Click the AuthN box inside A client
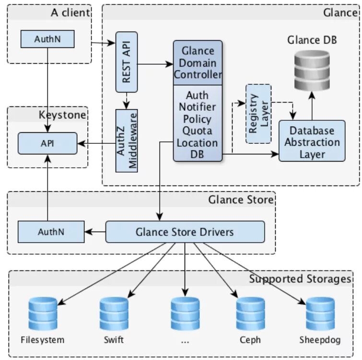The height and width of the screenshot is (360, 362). pos(47,39)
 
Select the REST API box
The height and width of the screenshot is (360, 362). pos(127,62)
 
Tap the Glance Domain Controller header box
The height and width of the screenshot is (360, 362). pos(198,63)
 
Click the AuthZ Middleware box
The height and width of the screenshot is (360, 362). pos(127,141)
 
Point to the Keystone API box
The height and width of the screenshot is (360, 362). pos(47,143)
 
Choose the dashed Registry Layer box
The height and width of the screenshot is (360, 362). pos(258,114)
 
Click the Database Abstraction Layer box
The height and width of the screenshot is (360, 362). pos(312,141)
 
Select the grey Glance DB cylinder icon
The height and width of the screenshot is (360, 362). pos(312,70)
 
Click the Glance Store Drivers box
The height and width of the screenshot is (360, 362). pos(185,232)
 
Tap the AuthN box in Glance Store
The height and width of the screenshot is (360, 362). pos(51,232)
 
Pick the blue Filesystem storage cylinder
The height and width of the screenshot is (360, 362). pos(43,314)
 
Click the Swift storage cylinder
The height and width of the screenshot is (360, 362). pos(114,314)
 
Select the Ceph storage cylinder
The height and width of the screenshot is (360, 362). pos(250,314)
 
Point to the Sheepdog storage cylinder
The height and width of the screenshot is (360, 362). pos(320,314)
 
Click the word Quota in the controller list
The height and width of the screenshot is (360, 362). pos(197,131)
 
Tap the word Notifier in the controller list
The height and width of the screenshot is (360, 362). pos(198,107)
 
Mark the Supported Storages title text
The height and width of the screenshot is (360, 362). pos(300,279)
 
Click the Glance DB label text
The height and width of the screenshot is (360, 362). pos(312,40)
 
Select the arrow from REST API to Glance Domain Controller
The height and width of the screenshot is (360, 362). pos(155,64)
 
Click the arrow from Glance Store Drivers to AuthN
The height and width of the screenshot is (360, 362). pos(95,232)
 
